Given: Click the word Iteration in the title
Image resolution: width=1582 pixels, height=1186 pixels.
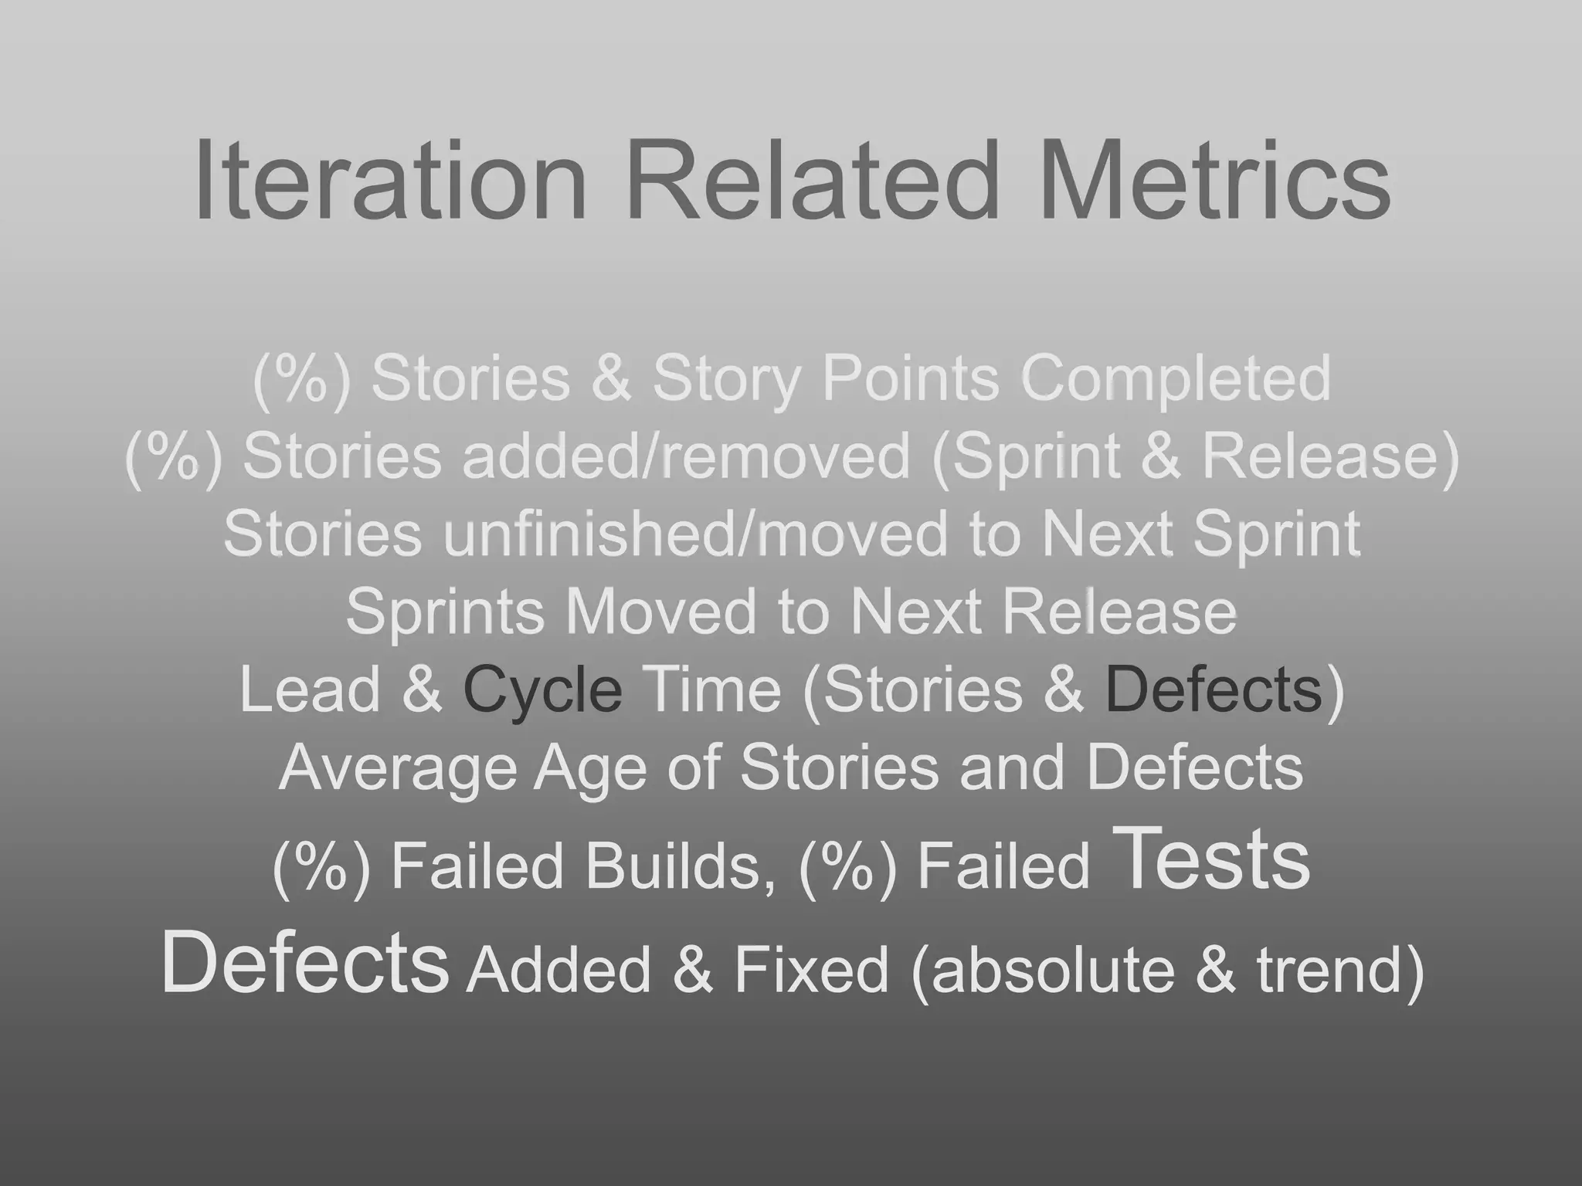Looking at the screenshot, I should [390, 180].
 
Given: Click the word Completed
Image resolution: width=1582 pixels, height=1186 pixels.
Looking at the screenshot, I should [1176, 378].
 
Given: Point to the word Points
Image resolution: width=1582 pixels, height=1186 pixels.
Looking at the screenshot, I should [910, 378].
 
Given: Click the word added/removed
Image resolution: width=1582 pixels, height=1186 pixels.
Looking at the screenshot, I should [687, 456].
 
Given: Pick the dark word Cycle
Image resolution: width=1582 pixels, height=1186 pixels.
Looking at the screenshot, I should [542, 690].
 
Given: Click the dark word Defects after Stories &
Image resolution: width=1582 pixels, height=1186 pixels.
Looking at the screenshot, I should [1214, 690].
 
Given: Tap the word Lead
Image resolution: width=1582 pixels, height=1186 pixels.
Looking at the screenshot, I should [311, 690].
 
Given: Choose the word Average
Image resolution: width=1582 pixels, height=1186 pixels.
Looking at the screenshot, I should [397, 768].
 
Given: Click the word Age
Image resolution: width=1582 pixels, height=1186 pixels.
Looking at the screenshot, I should [590, 769].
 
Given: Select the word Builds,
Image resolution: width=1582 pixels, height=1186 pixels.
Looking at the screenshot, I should [681, 866].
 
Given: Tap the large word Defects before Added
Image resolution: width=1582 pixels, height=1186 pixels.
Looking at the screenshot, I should [304, 962].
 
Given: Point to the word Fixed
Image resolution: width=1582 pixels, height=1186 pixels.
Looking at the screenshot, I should [811, 970].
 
